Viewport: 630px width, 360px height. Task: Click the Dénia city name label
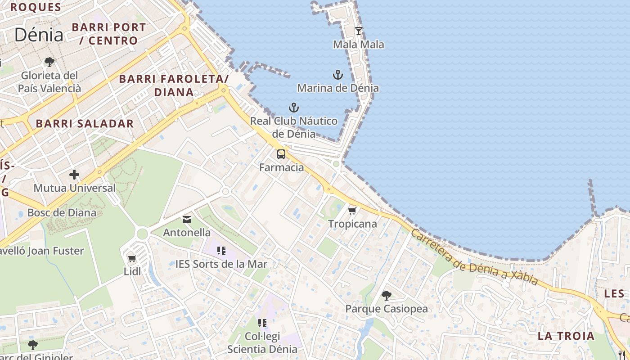[x=39, y=35]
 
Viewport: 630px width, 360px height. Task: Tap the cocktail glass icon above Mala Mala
[x=359, y=31]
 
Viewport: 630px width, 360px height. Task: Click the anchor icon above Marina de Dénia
[x=337, y=75]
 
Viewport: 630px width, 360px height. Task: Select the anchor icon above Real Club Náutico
[x=293, y=108]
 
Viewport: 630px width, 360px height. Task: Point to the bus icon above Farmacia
[x=281, y=154]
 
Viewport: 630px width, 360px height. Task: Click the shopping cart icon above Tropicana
[x=352, y=211]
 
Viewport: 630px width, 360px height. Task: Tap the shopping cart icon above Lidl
[x=132, y=258]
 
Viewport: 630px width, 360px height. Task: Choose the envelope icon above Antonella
[x=187, y=220]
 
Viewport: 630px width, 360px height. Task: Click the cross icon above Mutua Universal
[x=74, y=175]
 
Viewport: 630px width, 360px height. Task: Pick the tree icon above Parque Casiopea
[x=386, y=296]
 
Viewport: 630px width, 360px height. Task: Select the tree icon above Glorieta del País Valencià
[x=49, y=62]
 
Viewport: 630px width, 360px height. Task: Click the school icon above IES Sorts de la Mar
[x=221, y=251]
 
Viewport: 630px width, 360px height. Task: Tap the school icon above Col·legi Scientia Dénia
[x=262, y=323]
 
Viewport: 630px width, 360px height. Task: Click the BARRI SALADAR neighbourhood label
[x=85, y=124]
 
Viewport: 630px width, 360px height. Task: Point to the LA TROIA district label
[x=566, y=336]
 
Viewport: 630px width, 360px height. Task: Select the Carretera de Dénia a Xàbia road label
[x=474, y=258]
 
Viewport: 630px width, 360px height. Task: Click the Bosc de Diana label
[x=62, y=212]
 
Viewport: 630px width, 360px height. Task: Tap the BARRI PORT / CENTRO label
[x=109, y=34]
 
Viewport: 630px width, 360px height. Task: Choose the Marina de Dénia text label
[x=338, y=88]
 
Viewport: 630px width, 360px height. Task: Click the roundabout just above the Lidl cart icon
[x=142, y=234]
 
